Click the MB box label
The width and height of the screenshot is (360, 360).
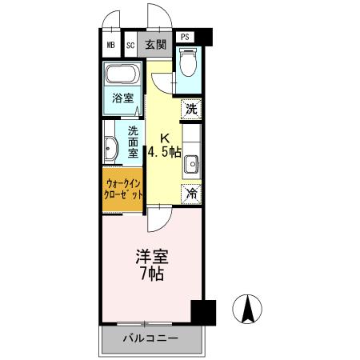[x=110, y=46]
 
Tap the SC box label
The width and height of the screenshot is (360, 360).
[x=130, y=46]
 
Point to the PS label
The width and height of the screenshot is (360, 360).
[x=185, y=37]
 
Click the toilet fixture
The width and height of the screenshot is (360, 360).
[x=187, y=65]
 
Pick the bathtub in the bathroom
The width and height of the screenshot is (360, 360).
[x=122, y=76]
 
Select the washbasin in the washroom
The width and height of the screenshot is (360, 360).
[x=110, y=147]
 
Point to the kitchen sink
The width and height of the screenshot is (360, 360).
[x=192, y=165]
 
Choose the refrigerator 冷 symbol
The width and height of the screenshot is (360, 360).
[x=191, y=192]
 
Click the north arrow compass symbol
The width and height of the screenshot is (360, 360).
[x=249, y=308]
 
